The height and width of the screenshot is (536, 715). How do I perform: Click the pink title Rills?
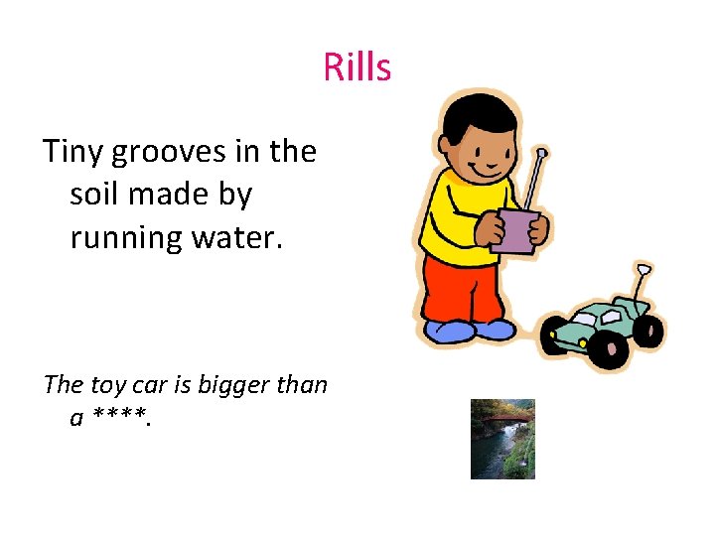(x=357, y=68)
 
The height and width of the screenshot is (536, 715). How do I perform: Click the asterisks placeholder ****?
(x=120, y=419)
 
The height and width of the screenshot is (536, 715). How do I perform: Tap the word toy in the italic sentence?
(x=109, y=385)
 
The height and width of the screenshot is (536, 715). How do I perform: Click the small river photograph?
(x=502, y=439)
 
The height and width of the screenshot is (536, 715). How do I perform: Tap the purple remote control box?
(x=515, y=231)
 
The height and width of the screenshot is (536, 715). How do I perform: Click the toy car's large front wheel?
(x=607, y=347)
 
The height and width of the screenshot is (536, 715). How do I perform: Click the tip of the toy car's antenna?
(x=643, y=269)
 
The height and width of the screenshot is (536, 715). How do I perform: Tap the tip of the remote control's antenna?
(x=542, y=154)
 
